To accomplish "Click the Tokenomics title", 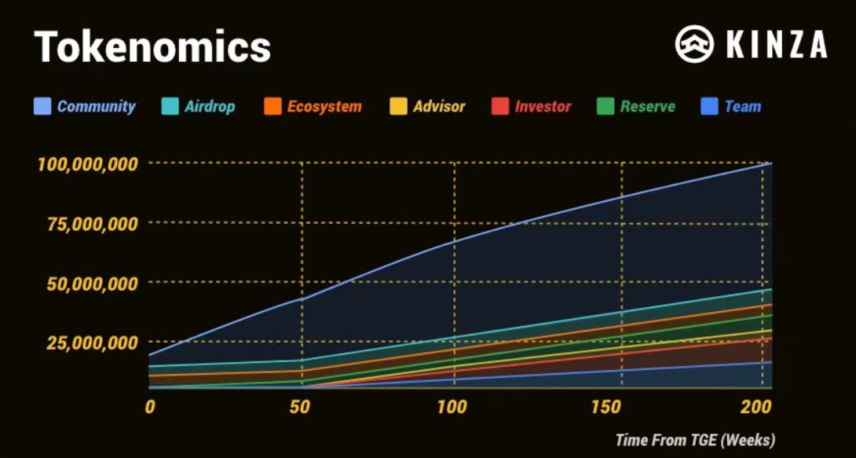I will tap(152, 47).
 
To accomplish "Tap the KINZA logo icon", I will tap(694, 44).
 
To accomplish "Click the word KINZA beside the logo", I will tap(776, 45).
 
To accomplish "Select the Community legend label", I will tap(96, 107).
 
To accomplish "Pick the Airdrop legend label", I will tap(209, 107).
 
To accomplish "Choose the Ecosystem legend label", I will tap(324, 107).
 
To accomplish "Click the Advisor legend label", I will tap(439, 107).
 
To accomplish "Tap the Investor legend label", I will tap(543, 107).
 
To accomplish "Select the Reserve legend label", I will tap(647, 107).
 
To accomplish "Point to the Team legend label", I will tap(742, 107).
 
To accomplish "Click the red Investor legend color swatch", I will tap(500, 107).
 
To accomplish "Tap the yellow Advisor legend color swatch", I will tap(399, 107).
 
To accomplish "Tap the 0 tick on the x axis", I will tap(149, 407).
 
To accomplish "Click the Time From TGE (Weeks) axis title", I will tap(695, 439).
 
